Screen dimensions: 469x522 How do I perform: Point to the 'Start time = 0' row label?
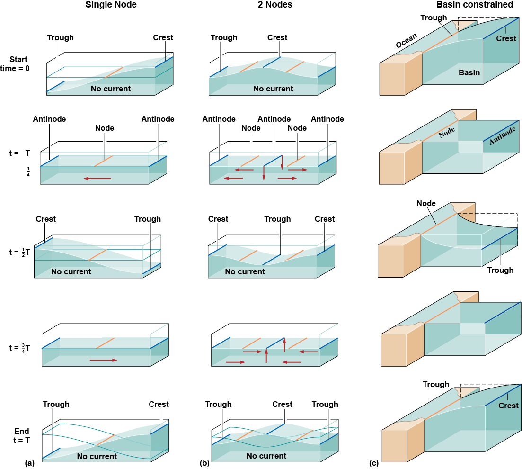(18, 64)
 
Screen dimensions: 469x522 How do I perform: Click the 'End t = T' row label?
(22, 435)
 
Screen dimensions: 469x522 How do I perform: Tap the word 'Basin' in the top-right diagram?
(469, 73)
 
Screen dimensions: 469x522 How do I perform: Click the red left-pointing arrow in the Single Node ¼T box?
(97, 179)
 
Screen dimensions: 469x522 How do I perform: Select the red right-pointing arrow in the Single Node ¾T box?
(103, 361)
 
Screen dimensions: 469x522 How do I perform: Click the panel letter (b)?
(204, 463)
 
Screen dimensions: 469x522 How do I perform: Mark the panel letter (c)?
(374, 463)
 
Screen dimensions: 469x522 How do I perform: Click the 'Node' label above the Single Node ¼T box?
(105, 128)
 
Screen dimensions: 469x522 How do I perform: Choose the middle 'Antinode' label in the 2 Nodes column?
(274, 119)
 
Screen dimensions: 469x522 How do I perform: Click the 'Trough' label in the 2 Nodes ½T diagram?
(277, 219)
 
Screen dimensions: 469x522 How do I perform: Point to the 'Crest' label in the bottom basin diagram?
(508, 406)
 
